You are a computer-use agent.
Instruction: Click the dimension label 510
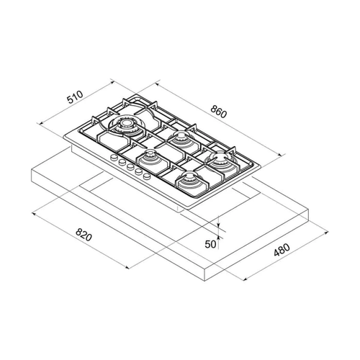coord(75,96)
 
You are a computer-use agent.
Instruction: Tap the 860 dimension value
coord(218,112)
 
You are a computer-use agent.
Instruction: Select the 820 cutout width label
coord(84,234)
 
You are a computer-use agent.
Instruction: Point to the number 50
coord(211,244)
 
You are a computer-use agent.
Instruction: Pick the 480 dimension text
coord(282,250)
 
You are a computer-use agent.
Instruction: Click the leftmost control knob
coord(113,158)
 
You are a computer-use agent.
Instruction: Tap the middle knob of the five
coord(130,166)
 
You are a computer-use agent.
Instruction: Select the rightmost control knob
coord(147,176)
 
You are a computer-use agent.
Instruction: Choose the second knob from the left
coord(122,162)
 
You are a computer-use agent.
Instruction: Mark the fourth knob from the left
coord(138,171)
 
